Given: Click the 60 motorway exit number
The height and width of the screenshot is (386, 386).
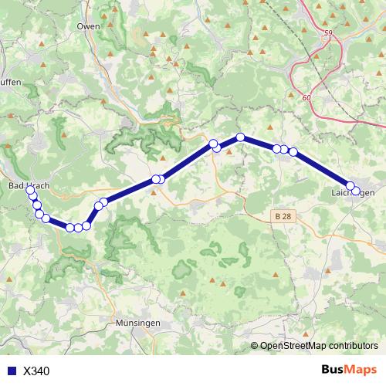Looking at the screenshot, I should click(x=307, y=97).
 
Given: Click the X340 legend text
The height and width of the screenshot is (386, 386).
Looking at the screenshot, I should click(x=36, y=371).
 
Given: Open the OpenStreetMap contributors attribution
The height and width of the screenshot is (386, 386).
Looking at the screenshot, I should click(x=318, y=346).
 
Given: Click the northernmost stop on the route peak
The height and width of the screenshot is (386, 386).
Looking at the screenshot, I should click(x=240, y=137).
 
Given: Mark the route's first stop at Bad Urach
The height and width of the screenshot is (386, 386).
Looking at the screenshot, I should click(x=30, y=190).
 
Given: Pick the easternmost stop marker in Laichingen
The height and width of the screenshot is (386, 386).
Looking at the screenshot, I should click(x=355, y=190).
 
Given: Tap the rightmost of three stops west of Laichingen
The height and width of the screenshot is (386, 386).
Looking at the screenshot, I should click(x=293, y=152).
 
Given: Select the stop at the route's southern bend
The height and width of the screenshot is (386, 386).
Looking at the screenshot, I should click(x=78, y=228).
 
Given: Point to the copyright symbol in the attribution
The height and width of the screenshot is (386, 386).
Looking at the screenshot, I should click(x=255, y=346).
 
